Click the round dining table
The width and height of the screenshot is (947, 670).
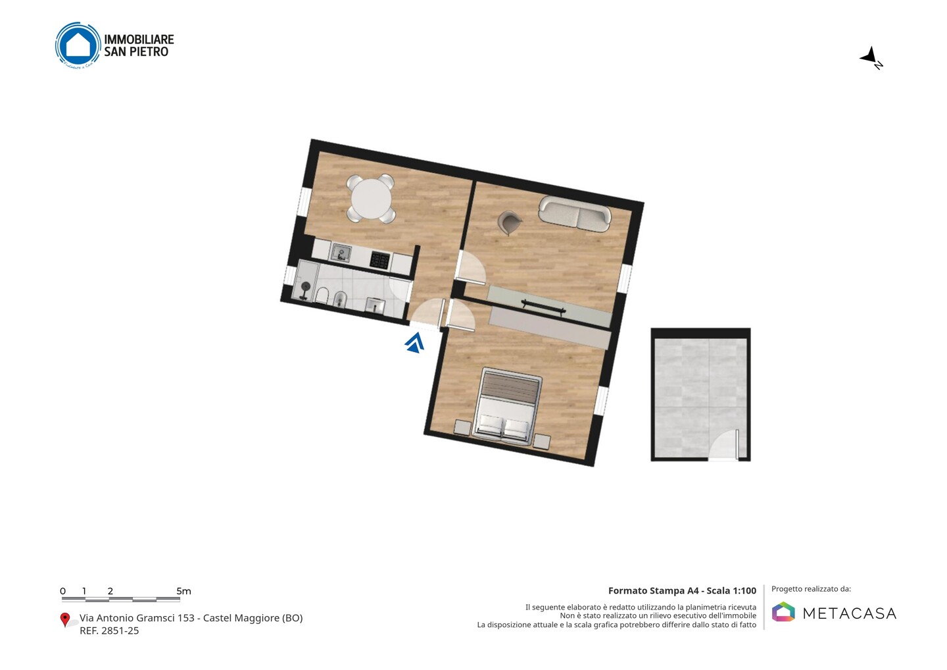coord(371,199)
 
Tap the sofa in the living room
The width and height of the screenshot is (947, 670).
coord(575,214)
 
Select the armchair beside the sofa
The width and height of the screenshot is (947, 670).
coord(510,222)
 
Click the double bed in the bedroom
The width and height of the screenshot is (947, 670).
coord(508,406)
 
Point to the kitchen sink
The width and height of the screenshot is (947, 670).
coord(341,253)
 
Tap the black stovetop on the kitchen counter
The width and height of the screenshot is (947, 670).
coord(379,260)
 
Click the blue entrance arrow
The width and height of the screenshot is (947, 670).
coord(415,343)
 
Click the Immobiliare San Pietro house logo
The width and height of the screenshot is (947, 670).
coord(78,45)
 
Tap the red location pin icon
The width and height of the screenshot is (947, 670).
coord(64,620)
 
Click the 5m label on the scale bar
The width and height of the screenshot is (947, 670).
coord(183,591)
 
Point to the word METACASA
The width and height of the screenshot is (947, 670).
coord(850,614)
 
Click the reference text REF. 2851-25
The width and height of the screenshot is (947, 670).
coord(109,631)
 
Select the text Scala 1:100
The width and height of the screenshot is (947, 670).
coord(731,591)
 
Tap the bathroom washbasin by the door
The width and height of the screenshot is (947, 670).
coord(375,306)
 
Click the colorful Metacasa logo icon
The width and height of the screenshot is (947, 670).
coord(783,611)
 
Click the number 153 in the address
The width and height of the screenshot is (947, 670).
coord(185,618)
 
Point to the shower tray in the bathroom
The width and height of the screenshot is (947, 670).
coord(306,281)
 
